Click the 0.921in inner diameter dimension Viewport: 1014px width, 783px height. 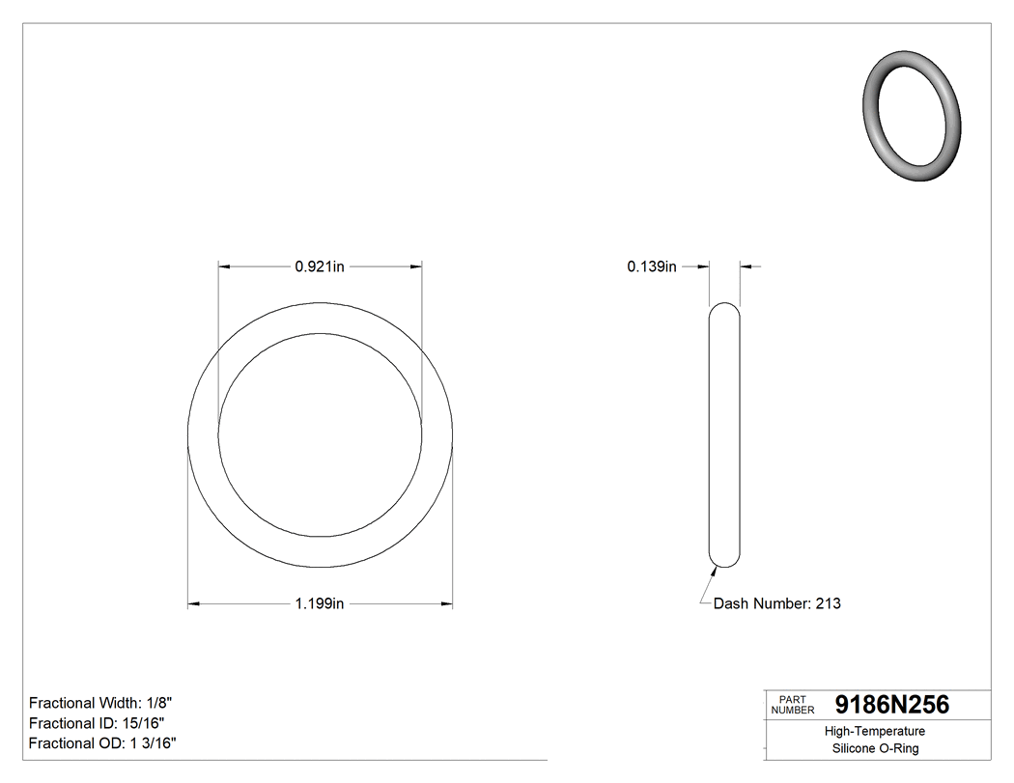pos(320,266)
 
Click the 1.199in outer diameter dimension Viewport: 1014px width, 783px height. pos(320,604)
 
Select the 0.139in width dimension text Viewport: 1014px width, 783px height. pos(652,266)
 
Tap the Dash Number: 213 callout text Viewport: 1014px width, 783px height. pos(776,603)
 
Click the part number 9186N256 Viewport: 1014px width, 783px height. pos(891,705)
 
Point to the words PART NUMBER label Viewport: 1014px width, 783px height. pos(792,705)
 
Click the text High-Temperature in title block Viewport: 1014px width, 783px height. pos(875,732)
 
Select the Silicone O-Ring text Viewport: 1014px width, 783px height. pos(875,748)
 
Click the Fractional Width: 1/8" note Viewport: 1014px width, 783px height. pos(101,703)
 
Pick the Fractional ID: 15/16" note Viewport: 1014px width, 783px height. pos(97,723)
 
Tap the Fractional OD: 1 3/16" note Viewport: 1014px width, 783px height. pos(102,743)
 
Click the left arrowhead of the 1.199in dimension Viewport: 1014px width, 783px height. pos(192,604)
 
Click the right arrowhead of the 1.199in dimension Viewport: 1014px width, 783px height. pos(447,604)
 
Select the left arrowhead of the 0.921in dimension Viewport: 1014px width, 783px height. pos(224,266)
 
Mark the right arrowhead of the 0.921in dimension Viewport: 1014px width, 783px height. pos(416,266)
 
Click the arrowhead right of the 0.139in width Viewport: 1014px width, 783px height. pos(746,266)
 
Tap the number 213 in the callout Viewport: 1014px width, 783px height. pos(828,603)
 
